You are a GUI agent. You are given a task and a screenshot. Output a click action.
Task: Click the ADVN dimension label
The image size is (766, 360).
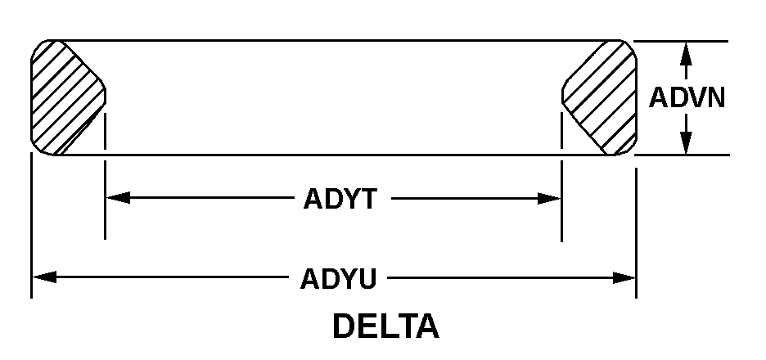point(687,98)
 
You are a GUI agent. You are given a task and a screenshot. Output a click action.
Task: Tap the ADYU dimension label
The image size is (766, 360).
point(338,279)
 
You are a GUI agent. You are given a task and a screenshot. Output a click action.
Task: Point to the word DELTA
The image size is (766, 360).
point(385,326)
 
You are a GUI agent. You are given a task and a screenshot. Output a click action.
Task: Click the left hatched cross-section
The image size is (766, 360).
point(64,96)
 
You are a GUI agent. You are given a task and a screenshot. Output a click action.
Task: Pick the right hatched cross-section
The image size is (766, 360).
point(602,96)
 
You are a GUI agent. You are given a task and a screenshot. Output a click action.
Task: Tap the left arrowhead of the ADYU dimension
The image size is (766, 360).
point(44,277)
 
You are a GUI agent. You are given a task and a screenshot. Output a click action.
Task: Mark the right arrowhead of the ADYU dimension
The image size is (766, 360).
point(624,278)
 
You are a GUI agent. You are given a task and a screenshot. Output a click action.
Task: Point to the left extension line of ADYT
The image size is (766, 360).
point(106,213)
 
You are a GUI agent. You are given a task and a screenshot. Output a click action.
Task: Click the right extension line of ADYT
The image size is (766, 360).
point(561,213)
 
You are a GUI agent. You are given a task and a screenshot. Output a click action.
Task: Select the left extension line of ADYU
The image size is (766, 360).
point(31,229)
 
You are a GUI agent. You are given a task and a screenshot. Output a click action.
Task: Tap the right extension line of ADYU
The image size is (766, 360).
point(637,229)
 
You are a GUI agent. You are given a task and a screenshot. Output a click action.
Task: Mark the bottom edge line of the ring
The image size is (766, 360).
point(327,155)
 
